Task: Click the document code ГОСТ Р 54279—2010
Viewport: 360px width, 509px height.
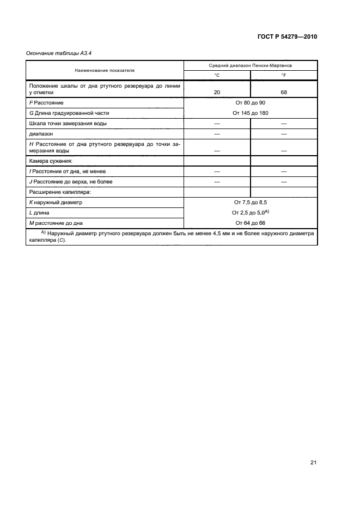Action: pos(287,37)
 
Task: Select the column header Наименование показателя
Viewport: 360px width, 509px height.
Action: pos(105,70)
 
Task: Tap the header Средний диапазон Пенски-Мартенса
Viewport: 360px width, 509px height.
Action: pos(251,65)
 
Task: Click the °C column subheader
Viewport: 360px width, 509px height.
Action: pos(217,75)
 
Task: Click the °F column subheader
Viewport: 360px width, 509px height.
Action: pos(283,75)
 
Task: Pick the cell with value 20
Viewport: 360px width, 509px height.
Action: pos(217,93)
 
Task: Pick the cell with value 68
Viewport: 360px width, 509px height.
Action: pos(283,93)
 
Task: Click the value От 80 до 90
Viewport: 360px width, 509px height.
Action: pos(251,102)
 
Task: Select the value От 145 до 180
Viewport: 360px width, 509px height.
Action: pos(251,113)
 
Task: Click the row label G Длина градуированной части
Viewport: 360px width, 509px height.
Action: pos(69,113)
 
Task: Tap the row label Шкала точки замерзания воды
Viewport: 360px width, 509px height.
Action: pos(68,123)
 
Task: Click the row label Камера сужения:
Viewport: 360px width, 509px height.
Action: pos(50,161)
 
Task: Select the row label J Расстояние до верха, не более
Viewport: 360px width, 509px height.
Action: pos(70,181)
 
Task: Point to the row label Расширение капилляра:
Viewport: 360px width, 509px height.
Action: pos(59,192)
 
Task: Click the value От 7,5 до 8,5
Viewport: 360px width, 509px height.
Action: pos(251,202)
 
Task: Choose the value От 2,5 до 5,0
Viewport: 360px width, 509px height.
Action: pos(249,212)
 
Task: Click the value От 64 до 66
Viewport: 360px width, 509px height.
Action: pos(251,223)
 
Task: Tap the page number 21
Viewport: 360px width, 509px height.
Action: pos(313,463)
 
